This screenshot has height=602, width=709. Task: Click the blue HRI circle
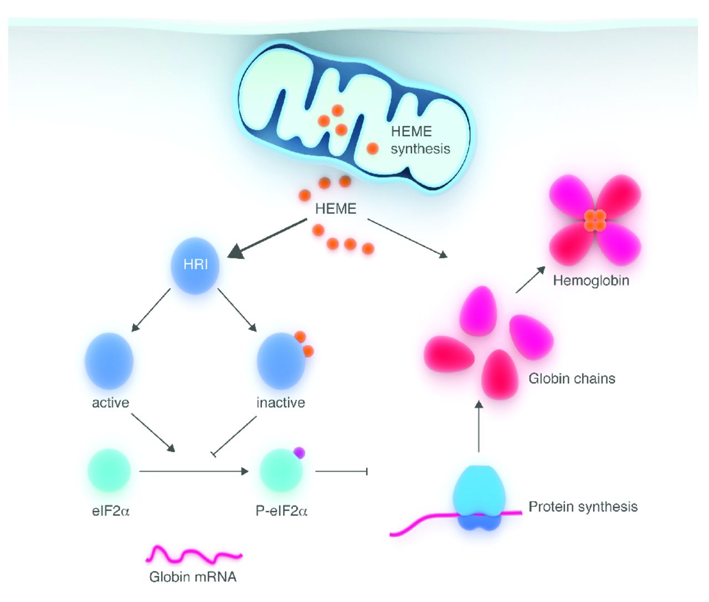(x=195, y=265)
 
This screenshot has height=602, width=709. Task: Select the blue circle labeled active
(x=109, y=361)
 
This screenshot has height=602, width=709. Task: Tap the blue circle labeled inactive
(x=281, y=361)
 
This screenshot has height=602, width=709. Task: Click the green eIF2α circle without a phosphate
(x=109, y=471)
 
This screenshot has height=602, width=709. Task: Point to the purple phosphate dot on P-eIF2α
(x=299, y=453)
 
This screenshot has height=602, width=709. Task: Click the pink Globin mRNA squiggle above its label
(x=194, y=554)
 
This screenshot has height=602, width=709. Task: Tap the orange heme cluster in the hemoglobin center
(x=595, y=220)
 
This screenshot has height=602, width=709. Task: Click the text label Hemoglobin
(x=591, y=281)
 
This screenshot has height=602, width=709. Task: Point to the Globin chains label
(x=572, y=378)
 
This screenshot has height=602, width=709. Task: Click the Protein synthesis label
(x=583, y=507)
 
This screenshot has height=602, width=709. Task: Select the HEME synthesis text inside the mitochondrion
(x=420, y=140)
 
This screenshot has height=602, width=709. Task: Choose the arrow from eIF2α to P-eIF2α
(x=194, y=471)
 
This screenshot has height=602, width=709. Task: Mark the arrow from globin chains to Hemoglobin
(x=530, y=279)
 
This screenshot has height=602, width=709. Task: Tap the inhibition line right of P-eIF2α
(x=341, y=471)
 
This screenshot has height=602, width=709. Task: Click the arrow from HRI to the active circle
(x=151, y=310)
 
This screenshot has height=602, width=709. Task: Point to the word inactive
(x=281, y=403)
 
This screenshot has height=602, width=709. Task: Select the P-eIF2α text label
(x=281, y=511)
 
